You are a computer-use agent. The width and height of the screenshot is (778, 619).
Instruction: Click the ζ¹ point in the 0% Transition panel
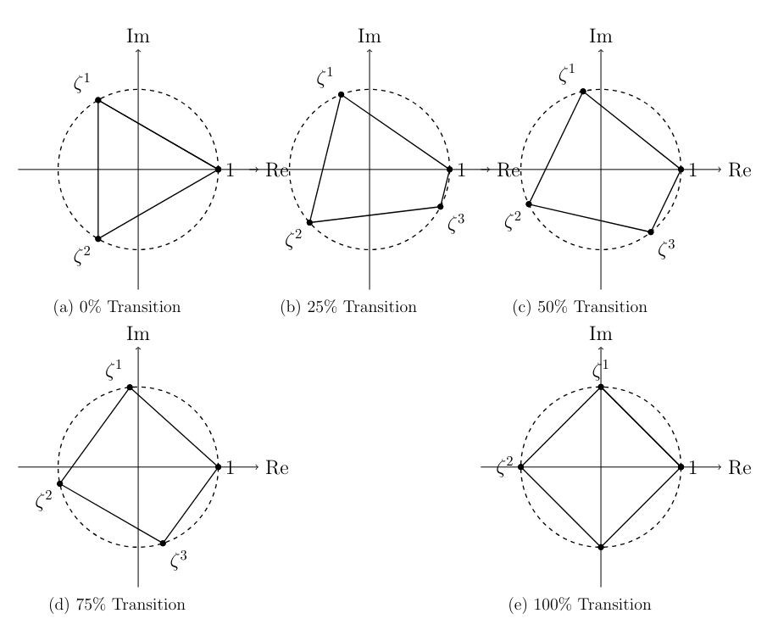pyautogui.click(x=98, y=100)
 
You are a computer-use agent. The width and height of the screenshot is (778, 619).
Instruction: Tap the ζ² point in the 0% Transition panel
pyautogui.click(x=98, y=239)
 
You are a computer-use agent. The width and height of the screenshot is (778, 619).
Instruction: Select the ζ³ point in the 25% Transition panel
pyautogui.click(x=440, y=207)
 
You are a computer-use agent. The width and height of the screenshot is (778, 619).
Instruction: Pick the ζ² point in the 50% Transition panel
pyautogui.click(x=529, y=204)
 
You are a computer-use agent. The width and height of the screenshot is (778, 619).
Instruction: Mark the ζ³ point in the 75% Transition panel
pyautogui.click(x=163, y=543)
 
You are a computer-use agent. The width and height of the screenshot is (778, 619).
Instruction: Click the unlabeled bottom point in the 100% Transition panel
pyautogui.click(x=601, y=547)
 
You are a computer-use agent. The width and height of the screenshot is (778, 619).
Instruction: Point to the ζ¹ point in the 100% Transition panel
pyautogui.click(x=601, y=388)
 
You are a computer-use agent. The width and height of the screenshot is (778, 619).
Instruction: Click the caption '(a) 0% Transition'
pyautogui.click(x=117, y=307)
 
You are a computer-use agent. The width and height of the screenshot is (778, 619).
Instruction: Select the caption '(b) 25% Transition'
pyautogui.click(x=348, y=307)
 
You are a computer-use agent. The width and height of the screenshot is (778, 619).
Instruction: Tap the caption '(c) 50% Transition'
pyautogui.click(x=580, y=307)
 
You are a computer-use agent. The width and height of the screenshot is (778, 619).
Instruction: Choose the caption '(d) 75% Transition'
pyautogui.click(x=117, y=605)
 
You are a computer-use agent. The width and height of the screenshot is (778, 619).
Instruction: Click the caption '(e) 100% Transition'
pyautogui.click(x=580, y=605)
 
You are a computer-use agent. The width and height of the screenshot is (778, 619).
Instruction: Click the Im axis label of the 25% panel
pyautogui.click(x=370, y=36)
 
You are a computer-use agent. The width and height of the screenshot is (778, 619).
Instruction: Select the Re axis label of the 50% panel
pyautogui.click(x=740, y=170)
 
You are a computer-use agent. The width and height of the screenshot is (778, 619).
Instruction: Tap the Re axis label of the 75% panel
pyautogui.click(x=277, y=467)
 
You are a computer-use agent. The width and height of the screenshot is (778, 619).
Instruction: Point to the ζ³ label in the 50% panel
pyautogui.click(x=666, y=248)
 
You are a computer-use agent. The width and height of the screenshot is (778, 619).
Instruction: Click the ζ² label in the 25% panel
pyautogui.click(x=293, y=239)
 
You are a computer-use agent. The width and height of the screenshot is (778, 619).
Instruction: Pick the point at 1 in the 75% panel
pyautogui.click(x=218, y=466)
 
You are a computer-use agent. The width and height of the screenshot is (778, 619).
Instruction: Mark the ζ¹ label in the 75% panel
pyautogui.click(x=114, y=371)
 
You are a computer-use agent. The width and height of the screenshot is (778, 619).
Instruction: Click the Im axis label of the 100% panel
pyautogui.click(x=601, y=333)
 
